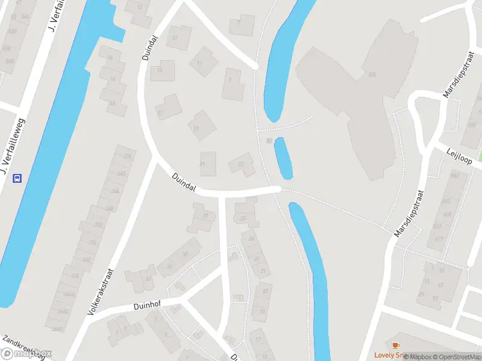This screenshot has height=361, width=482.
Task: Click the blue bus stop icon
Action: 17,177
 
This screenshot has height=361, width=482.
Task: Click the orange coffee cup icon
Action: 395,345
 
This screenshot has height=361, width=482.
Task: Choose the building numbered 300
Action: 371,75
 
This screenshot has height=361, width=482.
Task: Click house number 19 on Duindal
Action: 196,128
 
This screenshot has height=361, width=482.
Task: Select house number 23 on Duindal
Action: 242,164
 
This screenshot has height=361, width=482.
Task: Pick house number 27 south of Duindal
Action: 205,216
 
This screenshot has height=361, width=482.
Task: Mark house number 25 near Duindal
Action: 243,218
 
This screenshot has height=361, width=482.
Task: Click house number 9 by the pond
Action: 229,79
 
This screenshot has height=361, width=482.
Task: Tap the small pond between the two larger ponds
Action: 283,158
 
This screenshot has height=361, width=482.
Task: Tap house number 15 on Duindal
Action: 160,70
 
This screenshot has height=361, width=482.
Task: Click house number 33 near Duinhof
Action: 148,279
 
